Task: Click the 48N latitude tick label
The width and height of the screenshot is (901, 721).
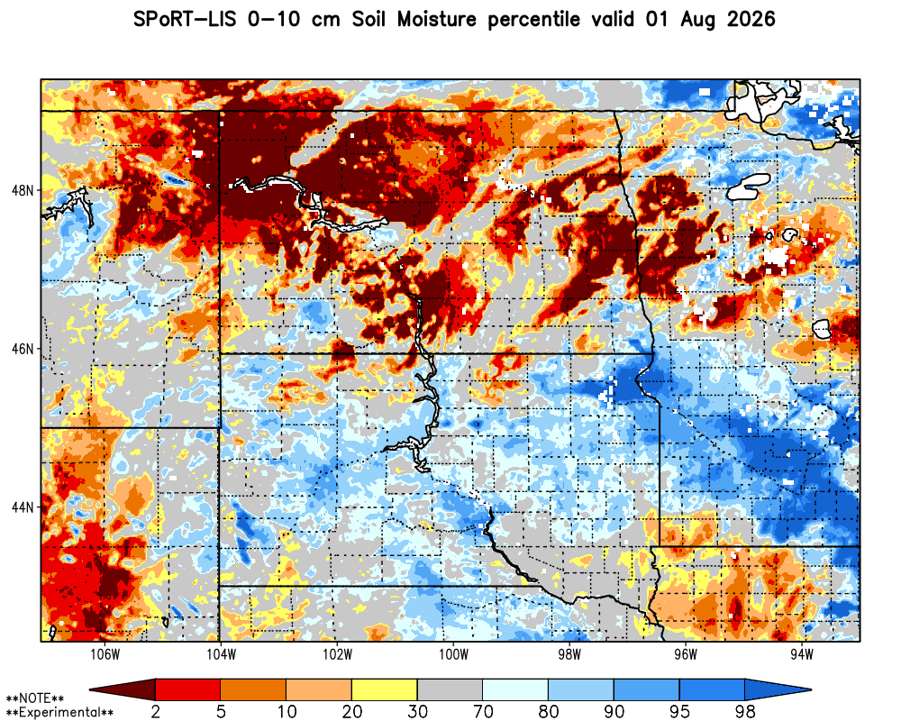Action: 23,190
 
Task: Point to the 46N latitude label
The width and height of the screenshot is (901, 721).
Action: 23,349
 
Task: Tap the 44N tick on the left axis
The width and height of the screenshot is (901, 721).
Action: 23,507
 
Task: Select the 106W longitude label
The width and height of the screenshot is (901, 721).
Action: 105,655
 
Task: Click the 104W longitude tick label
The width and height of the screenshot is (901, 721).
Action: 222,655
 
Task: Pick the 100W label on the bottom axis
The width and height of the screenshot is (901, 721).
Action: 453,655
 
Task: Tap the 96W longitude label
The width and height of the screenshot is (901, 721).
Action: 686,655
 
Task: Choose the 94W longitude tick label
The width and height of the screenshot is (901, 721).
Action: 802,655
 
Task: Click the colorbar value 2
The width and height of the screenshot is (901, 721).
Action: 155,712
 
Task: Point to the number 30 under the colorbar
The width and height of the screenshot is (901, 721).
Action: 417,712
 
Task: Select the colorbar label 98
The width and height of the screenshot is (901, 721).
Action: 745,712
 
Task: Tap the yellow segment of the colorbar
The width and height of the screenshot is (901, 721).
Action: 385,689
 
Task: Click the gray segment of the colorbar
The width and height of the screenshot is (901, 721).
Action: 450,689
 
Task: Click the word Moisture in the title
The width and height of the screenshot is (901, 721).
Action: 437,19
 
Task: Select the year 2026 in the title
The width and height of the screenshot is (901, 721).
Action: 751,19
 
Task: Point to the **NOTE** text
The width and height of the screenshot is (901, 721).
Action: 35,698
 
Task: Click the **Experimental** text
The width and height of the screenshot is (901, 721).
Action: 59,713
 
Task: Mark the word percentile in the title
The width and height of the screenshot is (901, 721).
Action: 533,20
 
